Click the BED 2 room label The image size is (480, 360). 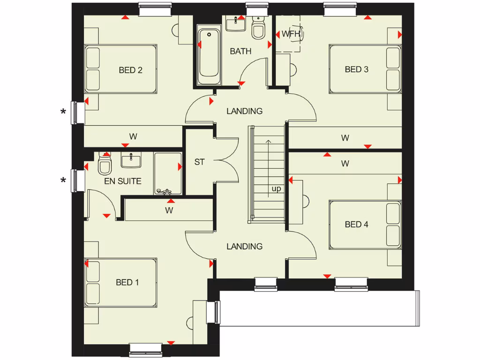(130, 70)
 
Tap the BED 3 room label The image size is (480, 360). (356, 69)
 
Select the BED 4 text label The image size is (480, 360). (356, 224)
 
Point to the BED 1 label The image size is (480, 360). (127, 282)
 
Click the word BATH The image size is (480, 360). (240, 51)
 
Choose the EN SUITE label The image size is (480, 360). (123, 180)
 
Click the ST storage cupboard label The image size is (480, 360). (200, 162)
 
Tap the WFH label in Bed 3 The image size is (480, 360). (287, 34)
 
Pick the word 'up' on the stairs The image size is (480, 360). (276, 189)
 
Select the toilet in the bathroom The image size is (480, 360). (258, 29)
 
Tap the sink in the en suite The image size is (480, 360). (131, 160)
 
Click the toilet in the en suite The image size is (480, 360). (105, 165)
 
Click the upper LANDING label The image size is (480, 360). (244, 111)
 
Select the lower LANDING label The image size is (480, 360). (244, 246)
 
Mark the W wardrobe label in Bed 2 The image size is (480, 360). (133, 137)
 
